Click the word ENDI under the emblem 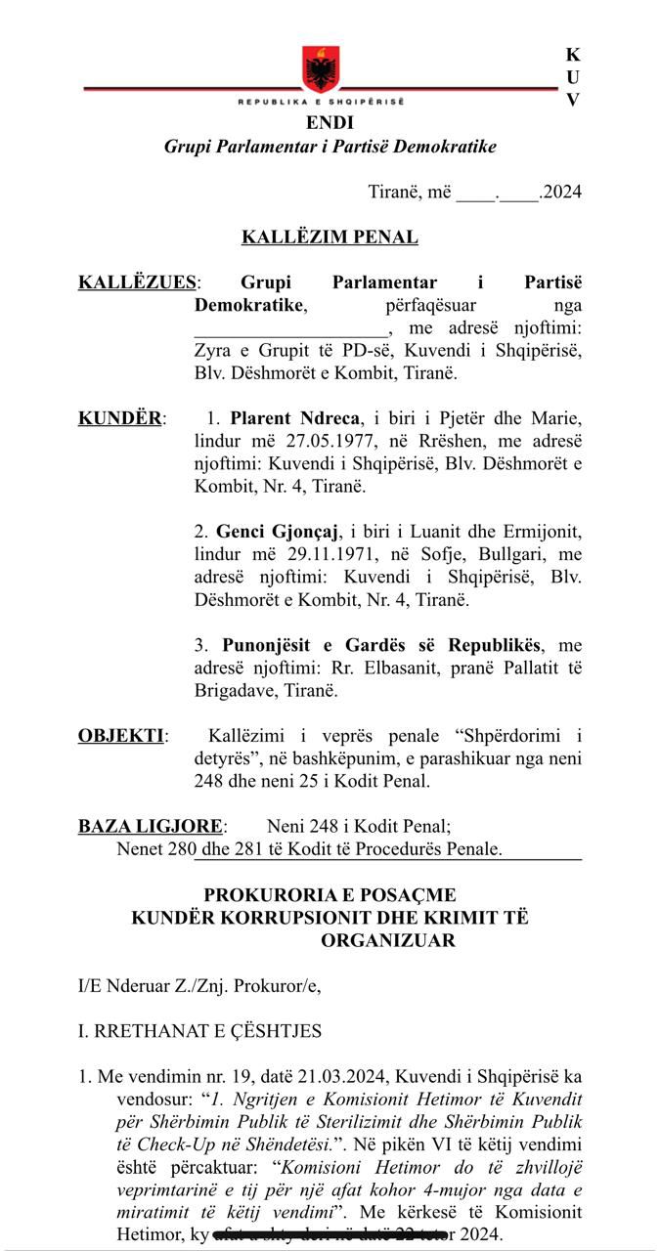coord(330,123)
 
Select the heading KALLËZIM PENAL coord(330,237)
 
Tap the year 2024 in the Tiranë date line coord(561,192)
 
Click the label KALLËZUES coord(137,282)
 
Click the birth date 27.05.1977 coord(292,441)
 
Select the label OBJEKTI coord(121,736)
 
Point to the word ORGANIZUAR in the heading coord(387,940)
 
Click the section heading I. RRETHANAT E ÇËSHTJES coord(199,1031)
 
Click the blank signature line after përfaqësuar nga coord(290,328)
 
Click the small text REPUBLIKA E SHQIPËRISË coord(321,102)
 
